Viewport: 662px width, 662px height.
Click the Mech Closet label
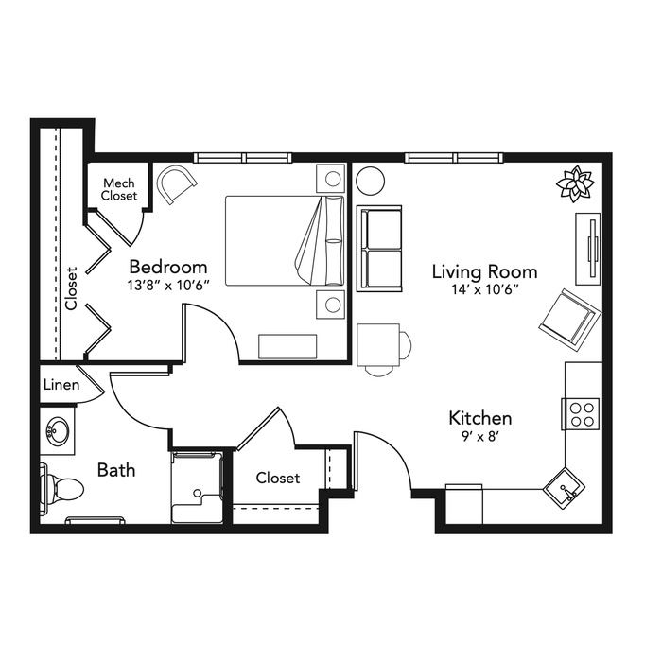pos(119,189)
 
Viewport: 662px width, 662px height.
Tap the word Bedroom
pos(168,268)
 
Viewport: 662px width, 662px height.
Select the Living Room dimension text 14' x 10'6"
pos(484,289)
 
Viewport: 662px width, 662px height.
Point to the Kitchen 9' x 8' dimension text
pos(480,437)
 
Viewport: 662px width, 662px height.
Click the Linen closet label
pos(61,385)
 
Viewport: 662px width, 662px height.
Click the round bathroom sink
pos(57,430)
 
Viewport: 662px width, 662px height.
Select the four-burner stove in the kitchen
pos(581,414)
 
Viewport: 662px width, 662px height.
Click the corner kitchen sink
pos(564,489)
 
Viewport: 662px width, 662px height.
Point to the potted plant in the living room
pos(575,184)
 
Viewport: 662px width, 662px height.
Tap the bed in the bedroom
pos(285,240)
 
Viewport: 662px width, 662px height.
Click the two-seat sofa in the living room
pos(379,249)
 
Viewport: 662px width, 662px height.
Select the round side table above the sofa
pos(371,181)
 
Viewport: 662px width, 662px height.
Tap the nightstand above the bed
pos(331,178)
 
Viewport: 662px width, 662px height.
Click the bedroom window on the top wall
pos(243,158)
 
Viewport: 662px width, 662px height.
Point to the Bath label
pos(116,470)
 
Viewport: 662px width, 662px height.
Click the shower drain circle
pos(197,493)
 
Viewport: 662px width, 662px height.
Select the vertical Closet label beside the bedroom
pos(71,287)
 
